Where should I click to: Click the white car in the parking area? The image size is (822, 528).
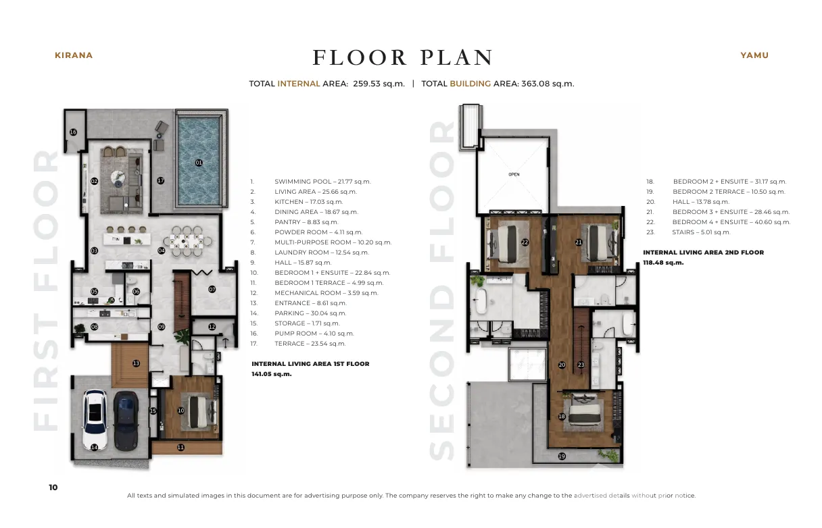click(95, 419)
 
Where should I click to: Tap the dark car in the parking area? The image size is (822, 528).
click(126, 421)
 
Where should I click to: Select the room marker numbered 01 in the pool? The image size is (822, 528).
click(199, 163)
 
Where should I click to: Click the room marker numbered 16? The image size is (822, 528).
click(74, 132)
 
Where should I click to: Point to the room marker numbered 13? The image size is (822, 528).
click(136, 363)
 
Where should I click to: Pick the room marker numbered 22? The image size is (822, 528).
click(525, 242)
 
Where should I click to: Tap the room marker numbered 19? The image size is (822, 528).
click(562, 456)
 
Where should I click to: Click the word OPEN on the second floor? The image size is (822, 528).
click(514, 174)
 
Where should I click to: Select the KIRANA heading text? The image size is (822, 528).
click(74, 55)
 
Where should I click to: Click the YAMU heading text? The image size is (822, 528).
click(754, 55)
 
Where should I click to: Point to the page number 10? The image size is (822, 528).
click(53, 487)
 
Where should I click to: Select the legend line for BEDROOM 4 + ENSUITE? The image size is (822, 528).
click(719, 222)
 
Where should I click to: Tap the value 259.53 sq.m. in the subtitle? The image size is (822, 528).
click(379, 84)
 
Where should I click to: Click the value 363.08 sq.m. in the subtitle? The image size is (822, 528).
click(548, 84)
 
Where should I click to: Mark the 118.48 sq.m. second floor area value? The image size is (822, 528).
click(663, 263)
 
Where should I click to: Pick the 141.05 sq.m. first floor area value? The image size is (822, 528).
click(272, 374)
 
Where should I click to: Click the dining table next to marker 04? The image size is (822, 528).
click(187, 242)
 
